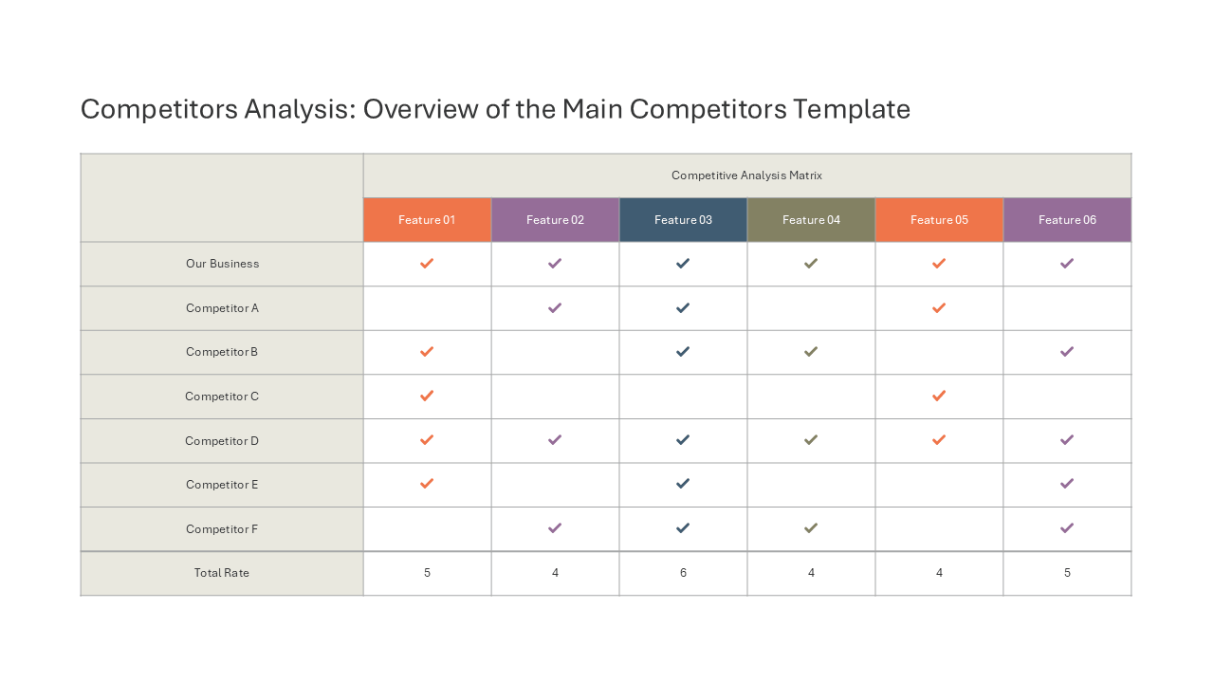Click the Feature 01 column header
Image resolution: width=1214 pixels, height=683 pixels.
pyautogui.click(x=427, y=219)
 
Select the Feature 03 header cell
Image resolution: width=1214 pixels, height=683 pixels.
pyautogui.click(x=683, y=219)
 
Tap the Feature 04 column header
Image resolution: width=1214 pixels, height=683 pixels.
pyautogui.click(x=811, y=219)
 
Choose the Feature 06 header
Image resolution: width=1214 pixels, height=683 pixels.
pyautogui.click(x=1067, y=219)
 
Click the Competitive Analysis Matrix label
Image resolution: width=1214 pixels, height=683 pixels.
pyautogui.click(x=746, y=175)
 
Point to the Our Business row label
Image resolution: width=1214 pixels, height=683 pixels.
pyautogui.click(x=222, y=264)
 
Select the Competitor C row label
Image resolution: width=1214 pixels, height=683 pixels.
pyautogui.click(x=222, y=397)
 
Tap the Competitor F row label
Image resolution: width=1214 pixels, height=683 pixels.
pyautogui.click(x=222, y=528)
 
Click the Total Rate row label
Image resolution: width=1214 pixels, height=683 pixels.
pyautogui.click(x=222, y=572)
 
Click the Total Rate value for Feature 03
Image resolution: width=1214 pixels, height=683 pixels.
pyautogui.click(x=683, y=572)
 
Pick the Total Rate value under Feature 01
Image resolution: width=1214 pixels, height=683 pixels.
pyautogui.click(x=427, y=572)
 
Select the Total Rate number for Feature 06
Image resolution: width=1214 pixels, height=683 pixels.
pyautogui.click(x=1067, y=572)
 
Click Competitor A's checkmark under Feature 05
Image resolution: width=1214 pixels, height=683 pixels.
pyautogui.click(x=939, y=308)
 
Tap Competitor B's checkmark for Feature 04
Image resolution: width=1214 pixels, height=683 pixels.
pyautogui.click(x=811, y=352)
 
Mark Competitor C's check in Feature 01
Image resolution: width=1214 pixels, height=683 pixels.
pyautogui.click(x=427, y=396)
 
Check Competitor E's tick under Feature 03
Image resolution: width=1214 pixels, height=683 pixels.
pyautogui.click(x=683, y=484)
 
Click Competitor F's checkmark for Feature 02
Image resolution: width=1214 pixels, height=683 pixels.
pyautogui.click(x=555, y=528)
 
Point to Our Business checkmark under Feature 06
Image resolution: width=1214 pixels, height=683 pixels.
pyautogui.click(x=1067, y=264)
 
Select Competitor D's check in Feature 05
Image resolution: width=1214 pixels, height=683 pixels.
pyautogui.click(x=939, y=439)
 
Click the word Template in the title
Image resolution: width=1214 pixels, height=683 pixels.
pyautogui.click(x=852, y=109)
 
